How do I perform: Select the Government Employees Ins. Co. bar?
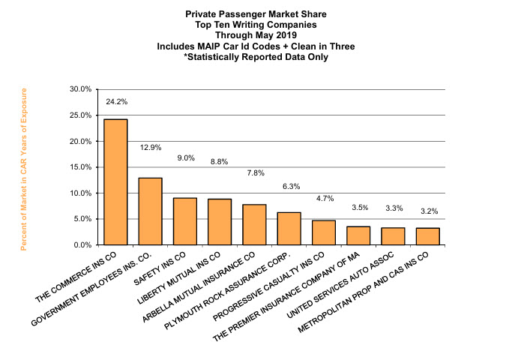click(x=150, y=211)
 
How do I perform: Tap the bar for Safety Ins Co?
click(x=184, y=221)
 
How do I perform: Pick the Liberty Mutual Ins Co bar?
click(x=220, y=222)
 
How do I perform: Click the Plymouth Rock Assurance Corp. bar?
click(x=289, y=229)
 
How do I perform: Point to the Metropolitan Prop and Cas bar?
click(x=427, y=236)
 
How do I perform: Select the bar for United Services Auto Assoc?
click(x=393, y=236)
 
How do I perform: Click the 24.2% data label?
click(x=116, y=101)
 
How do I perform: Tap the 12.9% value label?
click(x=151, y=147)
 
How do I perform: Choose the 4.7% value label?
click(x=325, y=199)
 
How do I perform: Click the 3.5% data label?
click(x=359, y=207)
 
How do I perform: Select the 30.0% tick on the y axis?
click(x=79, y=89)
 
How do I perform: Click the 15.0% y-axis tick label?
click(x=79, y=167)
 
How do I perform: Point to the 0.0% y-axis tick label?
click(x=82, y=245)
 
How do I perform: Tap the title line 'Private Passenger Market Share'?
click(x=256, y=14)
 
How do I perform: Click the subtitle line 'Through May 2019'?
click(x=256, y=35)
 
